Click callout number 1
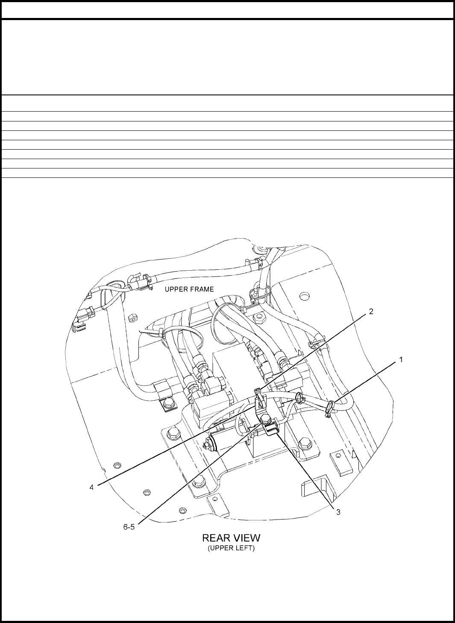tap(401, 360)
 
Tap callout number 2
tap(371, 312)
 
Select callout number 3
tap(338, 512)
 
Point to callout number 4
tap(92, 487)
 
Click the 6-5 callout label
tap(129, 527)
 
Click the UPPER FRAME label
tap(189, 289)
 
